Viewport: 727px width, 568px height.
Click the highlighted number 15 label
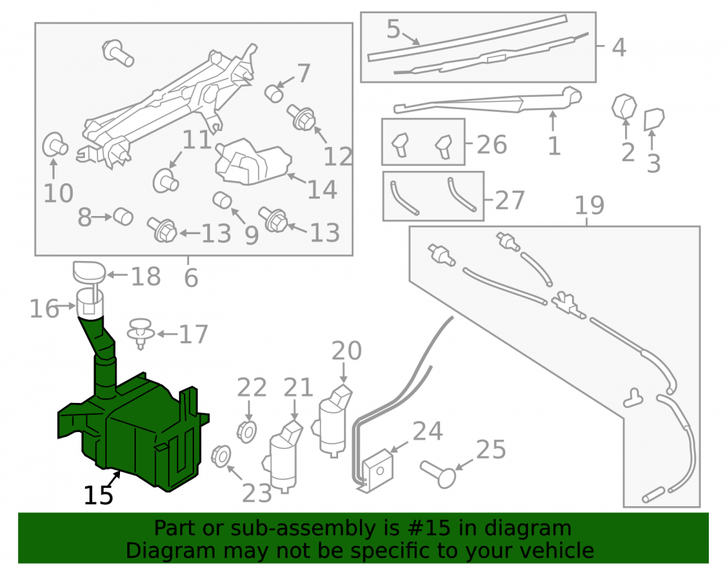[98, 495]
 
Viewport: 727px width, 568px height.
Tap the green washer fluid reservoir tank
[134, 431]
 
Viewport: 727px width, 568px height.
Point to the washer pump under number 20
[334, 421]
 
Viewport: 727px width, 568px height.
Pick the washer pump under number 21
[283, 457]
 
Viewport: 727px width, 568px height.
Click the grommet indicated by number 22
[246, 432]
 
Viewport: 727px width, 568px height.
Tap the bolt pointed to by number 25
[438, 474]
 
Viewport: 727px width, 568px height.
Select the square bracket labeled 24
[378, 469]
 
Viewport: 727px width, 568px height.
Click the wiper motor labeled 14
[253, 161]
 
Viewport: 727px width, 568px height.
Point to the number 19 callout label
[590, 204]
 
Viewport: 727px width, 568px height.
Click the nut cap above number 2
[624, 107]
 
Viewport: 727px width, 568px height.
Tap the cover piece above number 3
[654, 119]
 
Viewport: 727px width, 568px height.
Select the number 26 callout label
[492, 145]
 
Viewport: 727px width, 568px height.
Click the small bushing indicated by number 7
[274, 93]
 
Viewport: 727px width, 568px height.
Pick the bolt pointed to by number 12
[301, 117]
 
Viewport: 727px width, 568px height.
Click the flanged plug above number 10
[55, 145]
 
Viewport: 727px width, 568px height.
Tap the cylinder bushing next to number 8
[124, 217]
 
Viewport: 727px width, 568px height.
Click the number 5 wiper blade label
[393, 29]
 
